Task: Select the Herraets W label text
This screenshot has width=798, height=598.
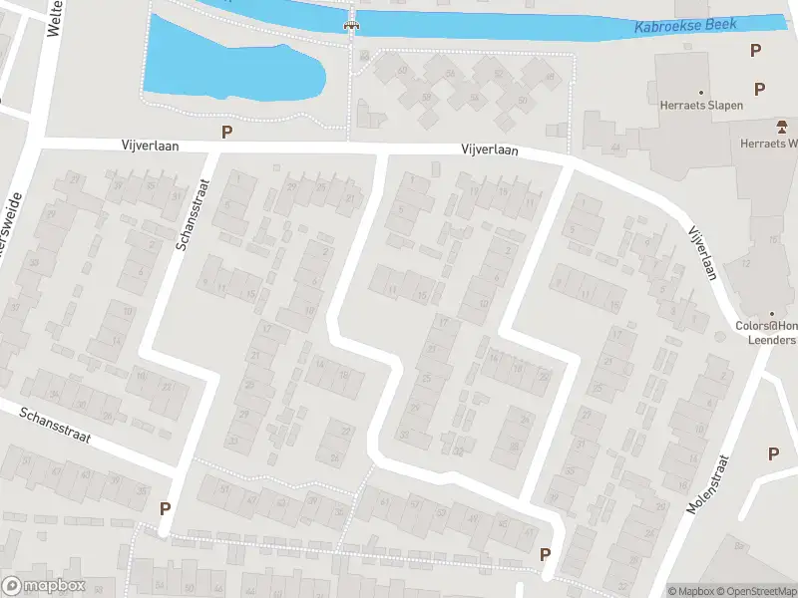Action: [768, 144]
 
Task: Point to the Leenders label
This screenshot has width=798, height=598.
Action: [772, 340]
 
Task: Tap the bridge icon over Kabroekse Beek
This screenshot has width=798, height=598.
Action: [351, 24]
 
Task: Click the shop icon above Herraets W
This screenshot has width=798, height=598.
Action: [782, 127]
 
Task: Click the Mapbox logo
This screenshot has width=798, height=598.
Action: [43, 586]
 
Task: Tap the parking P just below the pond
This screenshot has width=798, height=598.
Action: [227, 131]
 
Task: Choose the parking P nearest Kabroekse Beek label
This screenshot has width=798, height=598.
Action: [756, 50]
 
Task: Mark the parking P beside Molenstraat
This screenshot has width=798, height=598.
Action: [773, 453]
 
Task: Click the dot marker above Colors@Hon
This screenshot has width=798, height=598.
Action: [770, 312]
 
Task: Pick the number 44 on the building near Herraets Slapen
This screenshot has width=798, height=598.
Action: [614, 148]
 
